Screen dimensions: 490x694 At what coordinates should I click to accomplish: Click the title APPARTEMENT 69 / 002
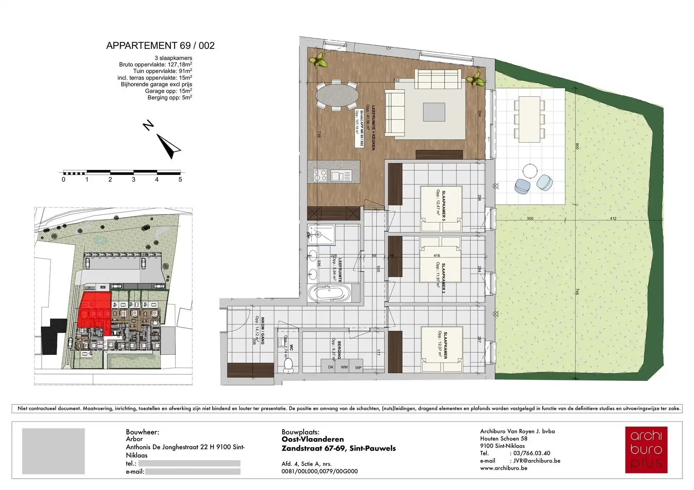tap(160, 46)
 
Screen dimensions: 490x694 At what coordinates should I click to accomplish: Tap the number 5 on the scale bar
tap(180, 179)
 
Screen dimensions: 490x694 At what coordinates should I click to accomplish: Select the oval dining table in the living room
tap(337, 95)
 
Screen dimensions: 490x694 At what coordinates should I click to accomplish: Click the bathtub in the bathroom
tap(329, 293)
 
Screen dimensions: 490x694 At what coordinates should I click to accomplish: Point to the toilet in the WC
tap(289, 364)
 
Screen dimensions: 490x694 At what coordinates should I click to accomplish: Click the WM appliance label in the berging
tap(344, 367)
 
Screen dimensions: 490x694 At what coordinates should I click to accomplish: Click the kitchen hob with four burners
tap(320, 175)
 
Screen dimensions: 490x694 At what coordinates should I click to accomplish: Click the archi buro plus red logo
tap(646, 450)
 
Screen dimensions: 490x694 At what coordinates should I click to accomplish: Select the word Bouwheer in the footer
tap(142, 432)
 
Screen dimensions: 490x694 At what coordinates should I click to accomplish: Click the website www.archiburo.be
tap(504, 468)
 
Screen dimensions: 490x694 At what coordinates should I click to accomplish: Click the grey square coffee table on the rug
tap(434, 112)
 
